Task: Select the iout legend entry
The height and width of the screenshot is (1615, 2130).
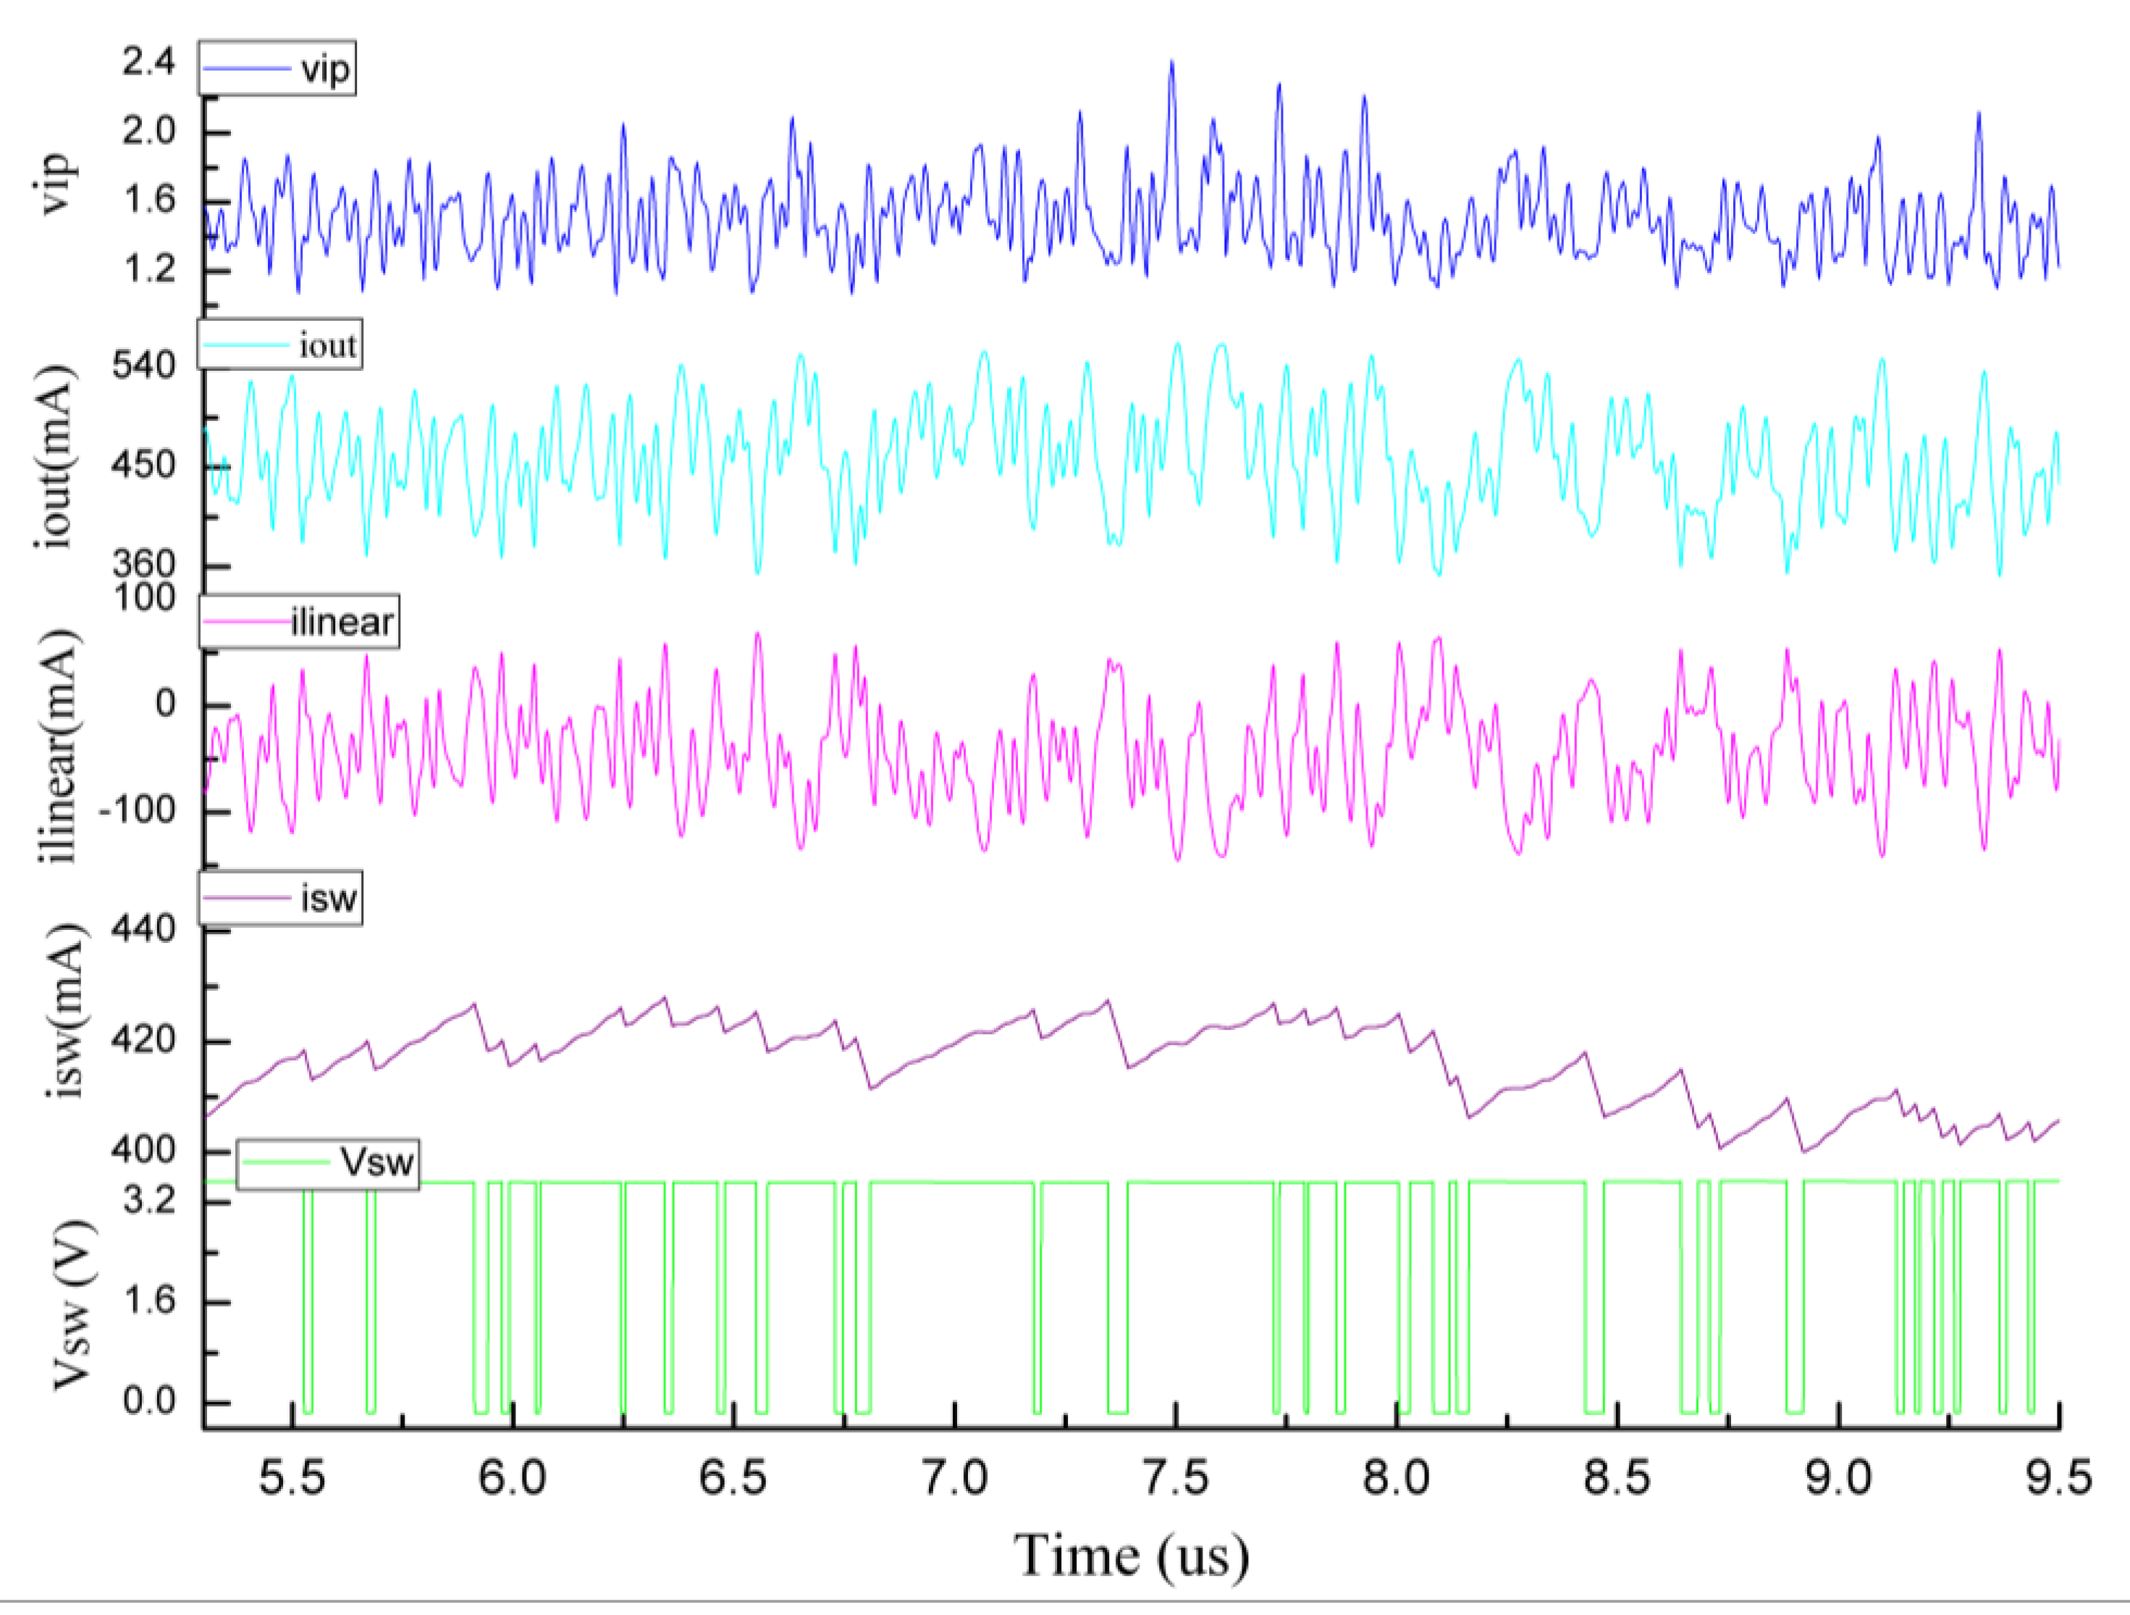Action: pos(280,345)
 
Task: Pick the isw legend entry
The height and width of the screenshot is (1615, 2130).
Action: pos(281,899)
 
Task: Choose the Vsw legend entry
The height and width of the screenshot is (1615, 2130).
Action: pos(329,1163)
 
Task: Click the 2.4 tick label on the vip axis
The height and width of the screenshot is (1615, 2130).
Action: pos(148,62)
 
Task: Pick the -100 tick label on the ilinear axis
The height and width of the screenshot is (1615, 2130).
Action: pos(137,810)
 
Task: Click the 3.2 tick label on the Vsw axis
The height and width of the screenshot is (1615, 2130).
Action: pos(149,1201)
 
